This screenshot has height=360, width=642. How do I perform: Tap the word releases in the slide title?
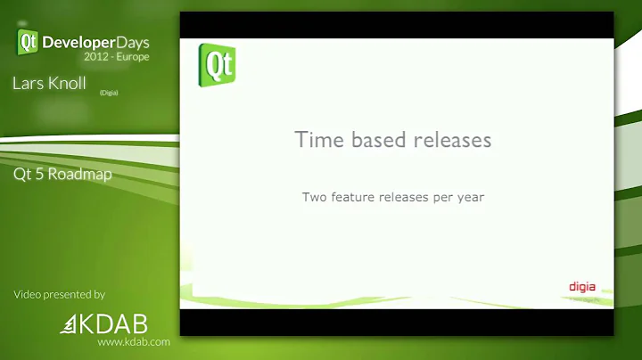click(454, 140)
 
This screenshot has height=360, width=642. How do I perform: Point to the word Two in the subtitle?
click(315, 197)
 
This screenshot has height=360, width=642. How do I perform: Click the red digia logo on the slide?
click(582, 287)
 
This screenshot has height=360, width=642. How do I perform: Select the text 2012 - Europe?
click(116, 55)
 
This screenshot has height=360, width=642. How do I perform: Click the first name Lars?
click(29, 83)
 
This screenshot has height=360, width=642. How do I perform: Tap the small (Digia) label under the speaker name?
click(109, 92)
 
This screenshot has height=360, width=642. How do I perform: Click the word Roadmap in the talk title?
click(81, 174)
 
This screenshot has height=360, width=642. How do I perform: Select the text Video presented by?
click(59, 294)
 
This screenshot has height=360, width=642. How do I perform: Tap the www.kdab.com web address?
click(134, 342)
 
